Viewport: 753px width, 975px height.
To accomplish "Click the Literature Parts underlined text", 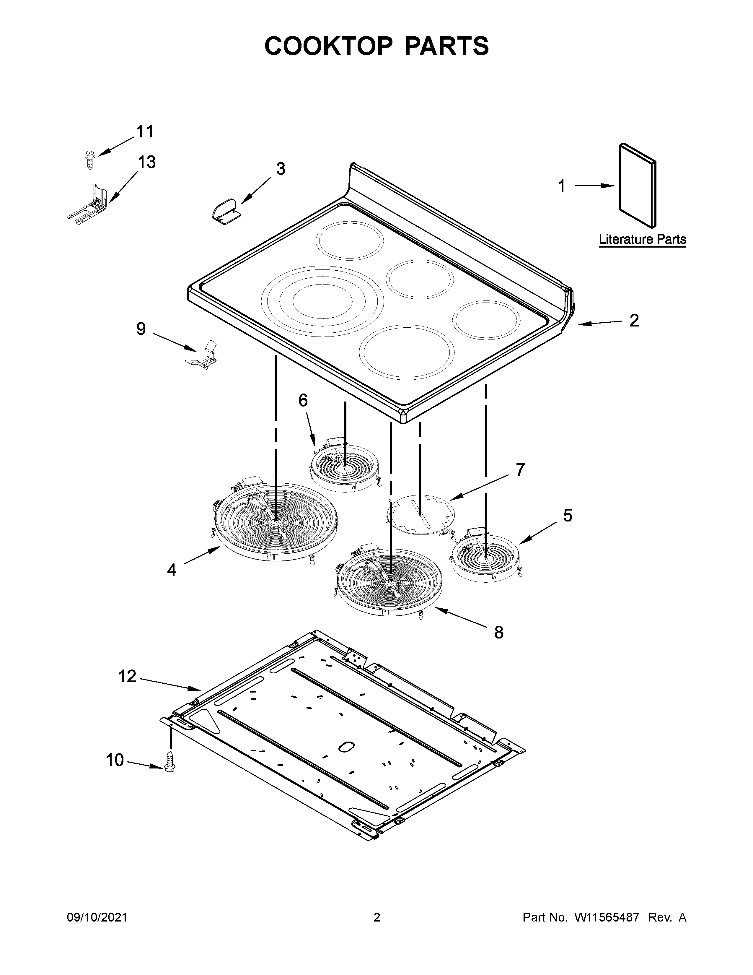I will coord(642,240).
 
